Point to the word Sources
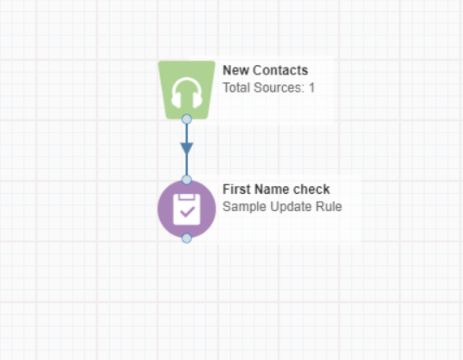pos(279,87)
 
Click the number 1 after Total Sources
pos(312,87)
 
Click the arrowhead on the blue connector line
pos(187,149)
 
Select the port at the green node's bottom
pos(187,119)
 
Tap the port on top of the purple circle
pos(187,179)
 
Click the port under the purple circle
pos(187,238)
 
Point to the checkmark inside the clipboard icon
pos(187,212)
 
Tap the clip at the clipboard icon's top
pos(186,196)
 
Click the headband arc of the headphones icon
pos(187,79)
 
